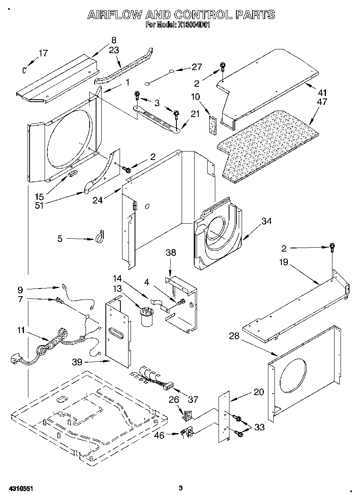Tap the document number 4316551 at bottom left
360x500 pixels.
tap(20, 489)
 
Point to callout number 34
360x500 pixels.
tap(266, 221)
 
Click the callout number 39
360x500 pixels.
tap(88, 362)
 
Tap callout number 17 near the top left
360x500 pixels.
tap(43, 53)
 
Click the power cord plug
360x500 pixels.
tap(15, 359)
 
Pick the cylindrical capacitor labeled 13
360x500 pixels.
tap(146, 316)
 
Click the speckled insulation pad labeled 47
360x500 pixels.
tap(268, 146)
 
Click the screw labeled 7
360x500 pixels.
tap(59, 300)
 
